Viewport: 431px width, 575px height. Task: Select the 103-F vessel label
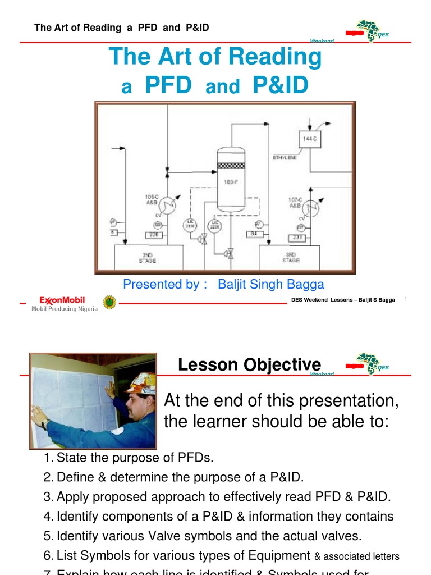click(x=231, y=182)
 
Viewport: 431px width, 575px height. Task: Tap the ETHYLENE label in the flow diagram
click(x=285, y=158)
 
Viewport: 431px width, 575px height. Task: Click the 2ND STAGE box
click(x=148, y=257)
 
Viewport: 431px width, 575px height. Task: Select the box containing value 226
click(x=154, y=235)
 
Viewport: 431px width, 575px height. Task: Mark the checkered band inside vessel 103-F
click(x=231, y=166)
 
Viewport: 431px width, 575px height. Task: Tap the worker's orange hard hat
click(x=140, y=384)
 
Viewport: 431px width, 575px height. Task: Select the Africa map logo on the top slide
click(x=368, y=32)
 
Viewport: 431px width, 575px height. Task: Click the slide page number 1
click(x=405, y=299)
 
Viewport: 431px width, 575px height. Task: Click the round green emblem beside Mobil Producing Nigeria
click(x=108, y=302)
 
